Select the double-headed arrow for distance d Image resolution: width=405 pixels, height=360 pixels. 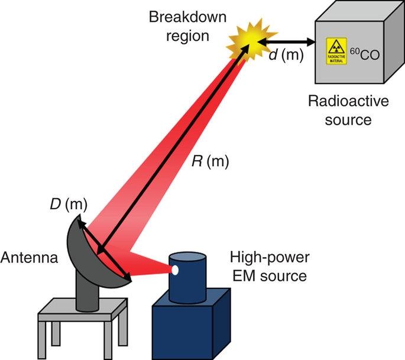tap(289, 41)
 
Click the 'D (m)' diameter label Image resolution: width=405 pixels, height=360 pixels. tap(67, 205)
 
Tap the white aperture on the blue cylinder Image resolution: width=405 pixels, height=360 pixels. tap(175, 271)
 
